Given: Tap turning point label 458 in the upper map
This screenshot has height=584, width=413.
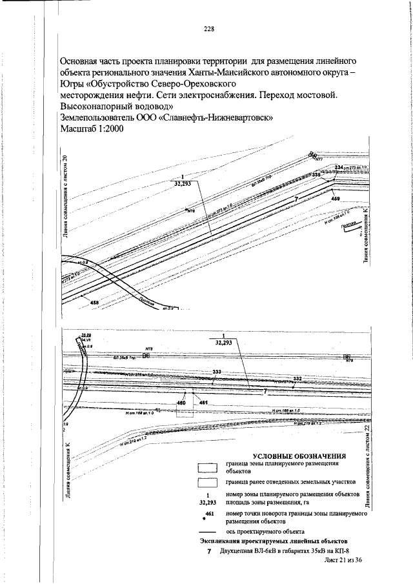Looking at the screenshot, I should pyautogui.click(x=95, y=303).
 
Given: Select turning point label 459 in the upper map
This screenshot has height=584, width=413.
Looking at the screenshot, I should pyautogui.click(x=336, y=199).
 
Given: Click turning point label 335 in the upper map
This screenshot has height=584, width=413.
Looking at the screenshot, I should pyautogui.click(x=316, y=175).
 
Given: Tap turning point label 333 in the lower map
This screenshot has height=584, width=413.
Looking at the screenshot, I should pyautogui.click(x=217, y=372).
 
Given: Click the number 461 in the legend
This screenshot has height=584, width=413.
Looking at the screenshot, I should pyautogui.click(x=208, y=512).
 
